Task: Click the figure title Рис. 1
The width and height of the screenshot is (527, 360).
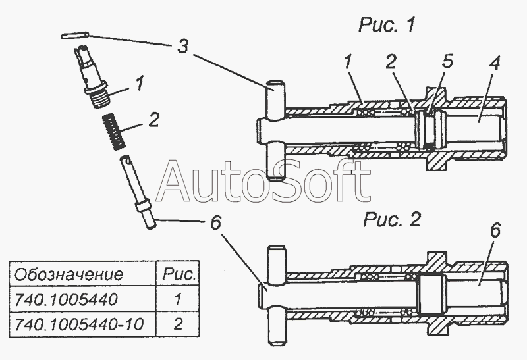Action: tap(387, 25)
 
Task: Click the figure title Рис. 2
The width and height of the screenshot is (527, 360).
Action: tap(391, 220)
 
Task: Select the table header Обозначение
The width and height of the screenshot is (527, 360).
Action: tap(69, 274)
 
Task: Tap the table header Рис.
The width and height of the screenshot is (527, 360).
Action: tap(179, 274)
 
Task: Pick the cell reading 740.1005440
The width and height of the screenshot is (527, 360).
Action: tap(67, 299)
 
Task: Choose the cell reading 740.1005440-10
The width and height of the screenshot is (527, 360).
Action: tap(79, 324)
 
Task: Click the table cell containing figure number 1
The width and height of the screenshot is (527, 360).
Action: tap(178, 299)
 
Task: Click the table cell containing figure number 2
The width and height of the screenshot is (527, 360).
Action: tap(178, 324)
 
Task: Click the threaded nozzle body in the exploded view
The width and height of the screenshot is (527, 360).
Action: tap(90, 76)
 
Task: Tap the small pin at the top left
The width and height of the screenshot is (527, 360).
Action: tap(75, 36)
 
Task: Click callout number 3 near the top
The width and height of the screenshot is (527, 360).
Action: tap(182, 46)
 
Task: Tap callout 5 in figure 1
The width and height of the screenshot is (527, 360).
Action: tap(447, 61)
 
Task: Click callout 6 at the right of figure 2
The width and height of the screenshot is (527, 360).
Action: tap(495, 230)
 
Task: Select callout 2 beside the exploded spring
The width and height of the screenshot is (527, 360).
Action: tap(153, 120)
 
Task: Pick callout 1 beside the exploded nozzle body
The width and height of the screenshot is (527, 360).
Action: tap(139, 83)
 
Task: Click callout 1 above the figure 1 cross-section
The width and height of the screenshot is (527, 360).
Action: tap(348, 63)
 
